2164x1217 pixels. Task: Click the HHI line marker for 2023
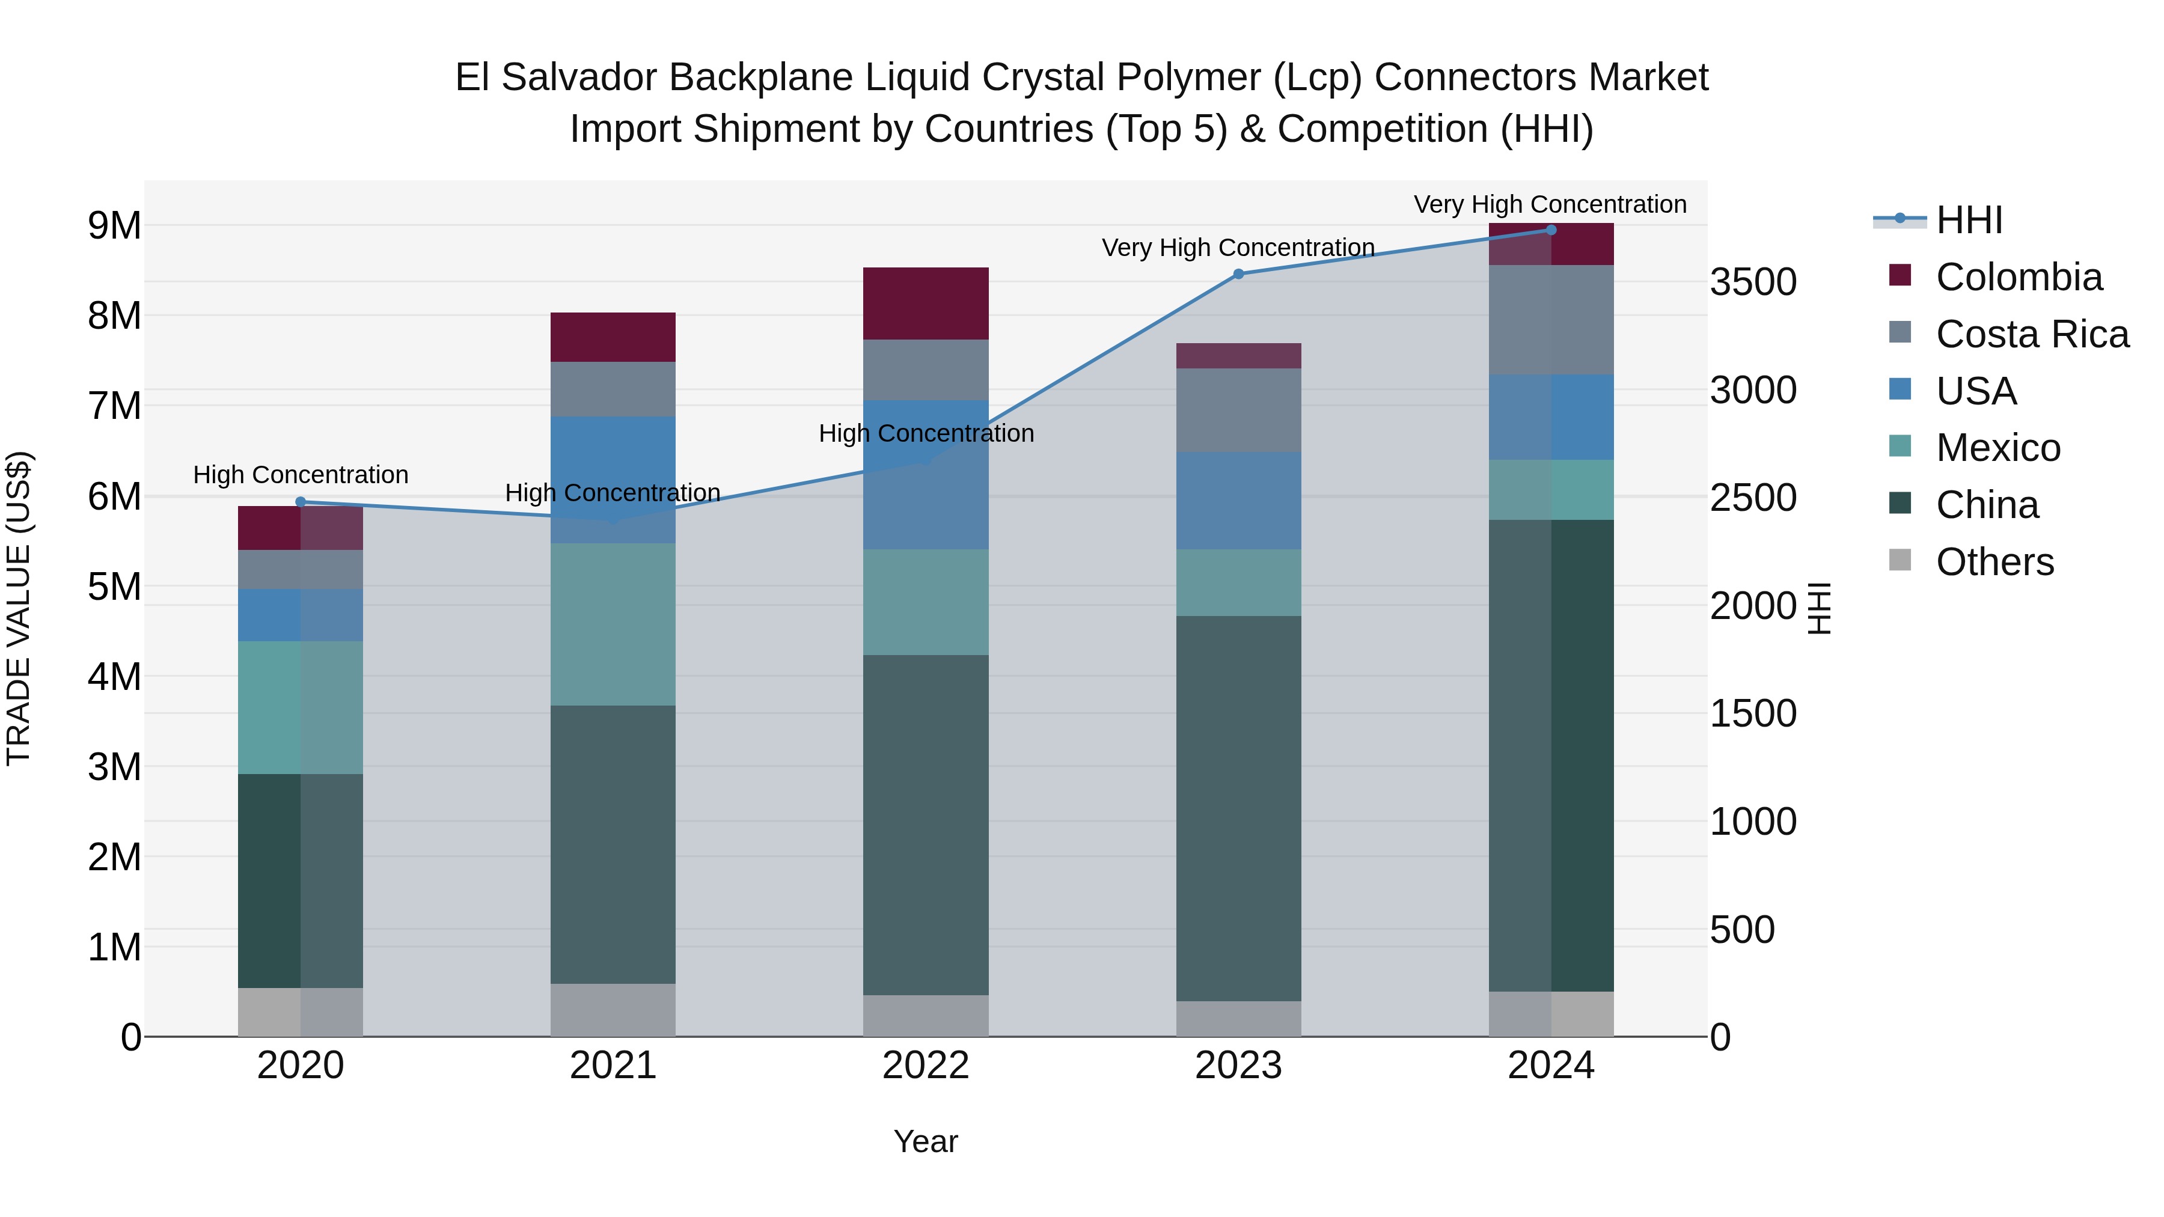click(1238, 274)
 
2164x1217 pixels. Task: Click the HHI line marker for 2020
click(301, 502)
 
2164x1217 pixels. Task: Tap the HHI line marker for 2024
click(1551, 230)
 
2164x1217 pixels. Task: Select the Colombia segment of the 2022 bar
click(926, 303)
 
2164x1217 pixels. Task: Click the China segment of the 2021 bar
click(613, 844)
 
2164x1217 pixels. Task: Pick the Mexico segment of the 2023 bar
click(1238, 583)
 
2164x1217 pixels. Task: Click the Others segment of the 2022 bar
click(926, 1016)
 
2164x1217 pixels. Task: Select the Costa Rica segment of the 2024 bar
click(1551, 320)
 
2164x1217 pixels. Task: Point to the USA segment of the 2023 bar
click(1238, 501)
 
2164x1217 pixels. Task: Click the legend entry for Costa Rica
click(2031, 334)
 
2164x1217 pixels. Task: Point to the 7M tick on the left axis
click(114, 406)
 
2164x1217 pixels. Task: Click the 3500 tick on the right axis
click(1753, 282)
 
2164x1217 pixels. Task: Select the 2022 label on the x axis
click(926, 1066)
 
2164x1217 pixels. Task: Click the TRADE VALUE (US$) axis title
click(19, 608)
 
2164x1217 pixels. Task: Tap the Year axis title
click(926, 1141)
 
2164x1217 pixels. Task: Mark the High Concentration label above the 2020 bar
click(301, 475)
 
